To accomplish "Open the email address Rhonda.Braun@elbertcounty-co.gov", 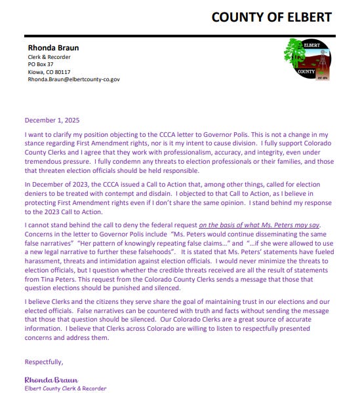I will [73, 79].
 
